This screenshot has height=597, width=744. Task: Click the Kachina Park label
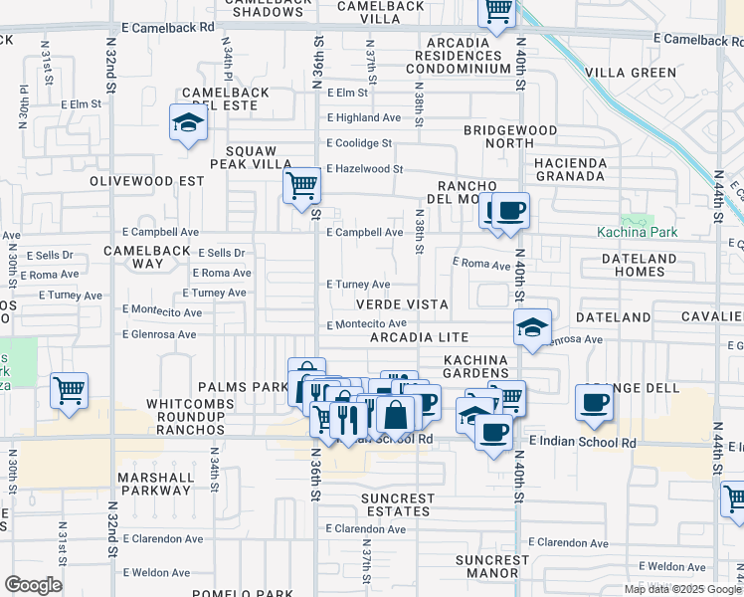pos(637,233)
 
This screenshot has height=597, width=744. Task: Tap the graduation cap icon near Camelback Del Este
pos(188,122)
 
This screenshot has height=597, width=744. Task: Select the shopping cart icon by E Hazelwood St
pos(301,185)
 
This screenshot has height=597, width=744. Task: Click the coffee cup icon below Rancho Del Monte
pos(510,211)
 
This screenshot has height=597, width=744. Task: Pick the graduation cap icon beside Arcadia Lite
pos(532,326)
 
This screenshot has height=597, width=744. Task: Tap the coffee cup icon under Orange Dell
pos(594,402)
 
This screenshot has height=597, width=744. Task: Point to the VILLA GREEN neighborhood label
pos(631,73)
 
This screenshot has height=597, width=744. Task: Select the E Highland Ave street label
pos(364,117)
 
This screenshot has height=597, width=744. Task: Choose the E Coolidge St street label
pos(360,143)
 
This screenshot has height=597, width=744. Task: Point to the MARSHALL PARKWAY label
pos(155,484)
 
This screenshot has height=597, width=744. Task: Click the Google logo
pos(33,585)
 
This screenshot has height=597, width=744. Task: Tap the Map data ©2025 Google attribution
pos(682,589)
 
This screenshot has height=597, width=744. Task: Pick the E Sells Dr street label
pos(222,254)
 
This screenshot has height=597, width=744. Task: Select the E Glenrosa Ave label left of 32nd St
pos(159,336)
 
